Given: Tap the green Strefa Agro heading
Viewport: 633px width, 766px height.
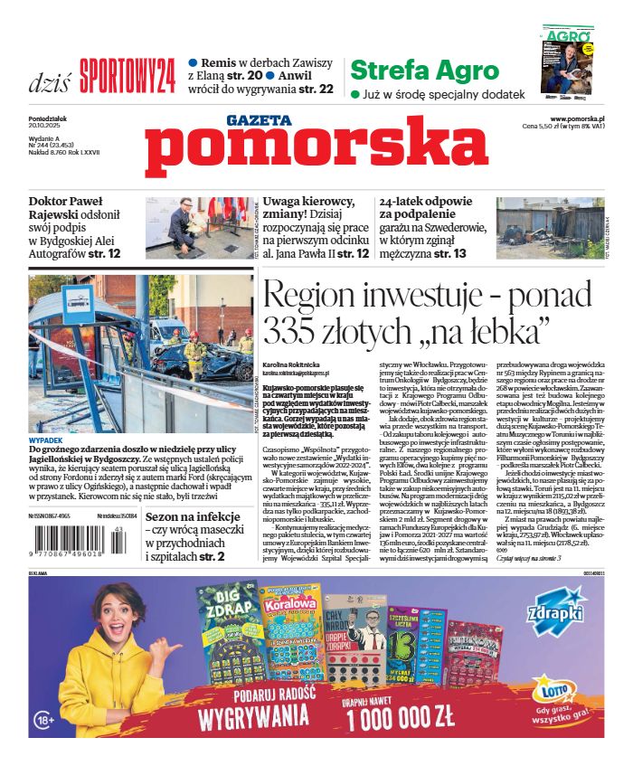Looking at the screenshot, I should tap(423, 71).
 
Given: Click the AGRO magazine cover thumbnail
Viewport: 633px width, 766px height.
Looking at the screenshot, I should tap(568, 60).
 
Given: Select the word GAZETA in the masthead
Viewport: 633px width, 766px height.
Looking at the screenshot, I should tap(260, 119).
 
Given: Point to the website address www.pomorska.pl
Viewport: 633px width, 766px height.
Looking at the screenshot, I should tap(576, 118).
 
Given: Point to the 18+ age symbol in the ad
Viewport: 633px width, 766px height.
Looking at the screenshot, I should tap(47, 720).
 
